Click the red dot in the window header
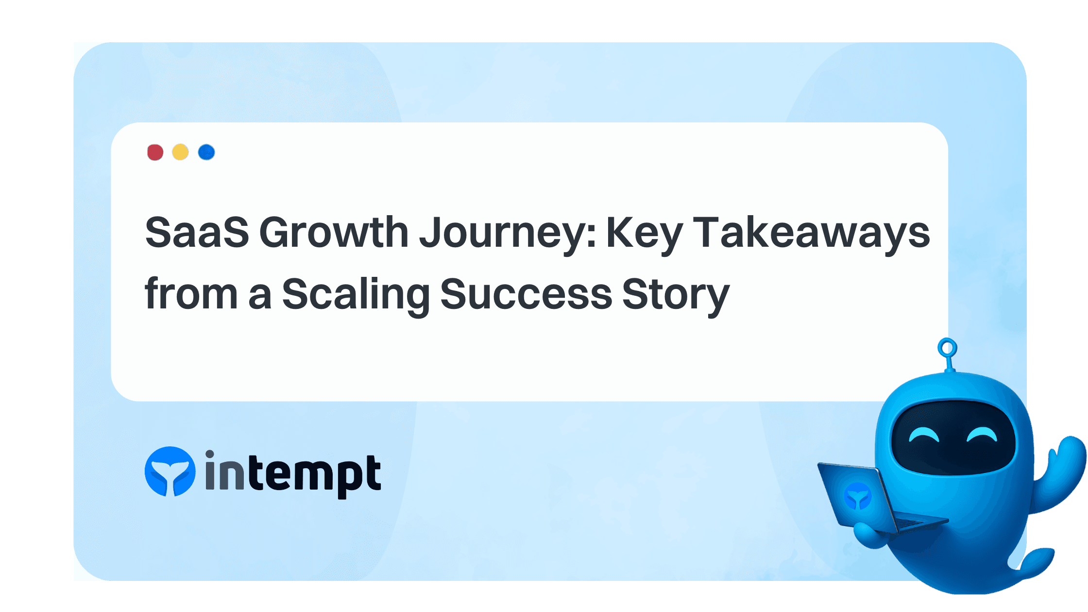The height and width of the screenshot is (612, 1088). (155, 153)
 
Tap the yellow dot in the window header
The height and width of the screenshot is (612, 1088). (180, 152)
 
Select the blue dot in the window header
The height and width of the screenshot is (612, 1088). (206, 152)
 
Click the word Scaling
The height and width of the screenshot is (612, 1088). (356, 295)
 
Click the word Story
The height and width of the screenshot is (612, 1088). (676, 295)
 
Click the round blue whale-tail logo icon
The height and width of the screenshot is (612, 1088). (170, 472)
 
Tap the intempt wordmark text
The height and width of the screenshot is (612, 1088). (293, 474)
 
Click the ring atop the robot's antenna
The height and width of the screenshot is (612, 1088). (947, 348)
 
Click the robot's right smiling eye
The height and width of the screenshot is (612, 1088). (982, 434)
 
